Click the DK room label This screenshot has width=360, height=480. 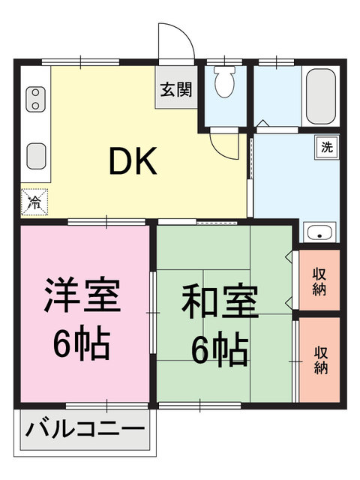(133, 161)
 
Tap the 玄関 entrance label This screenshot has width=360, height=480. (175, 89)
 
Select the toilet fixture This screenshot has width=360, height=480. (223, 83)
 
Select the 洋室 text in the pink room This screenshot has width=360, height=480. (82, 295)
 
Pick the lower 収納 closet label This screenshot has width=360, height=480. (321, 358)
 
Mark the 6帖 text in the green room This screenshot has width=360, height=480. (219, 349)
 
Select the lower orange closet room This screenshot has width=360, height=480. (321, 358)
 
